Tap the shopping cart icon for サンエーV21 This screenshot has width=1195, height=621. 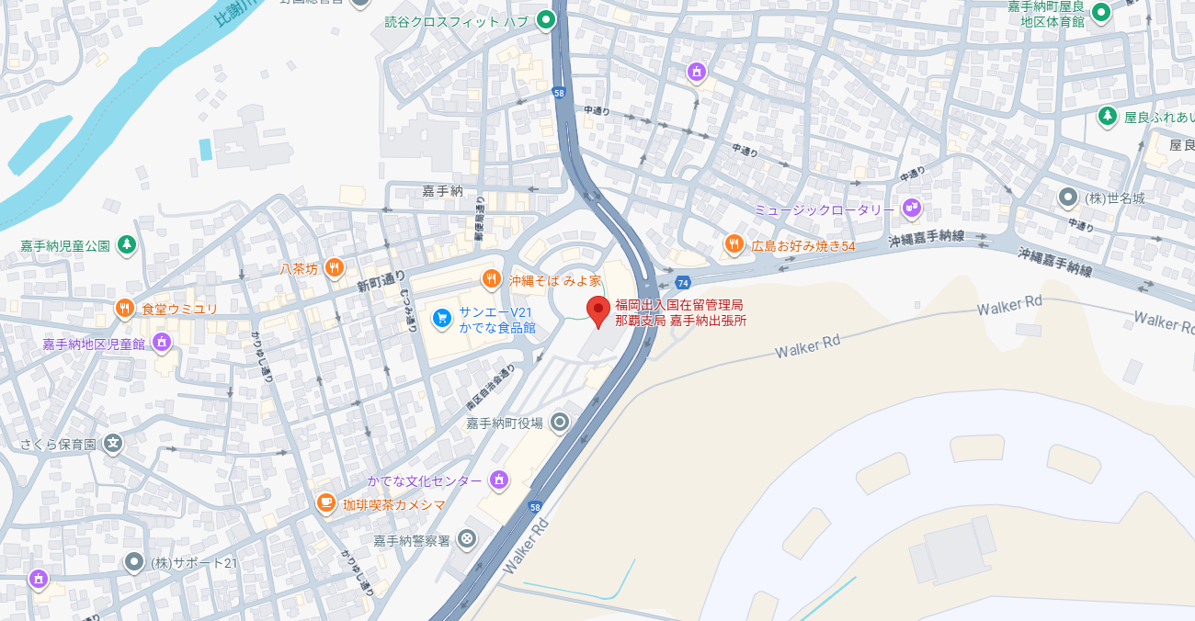pos(442,318)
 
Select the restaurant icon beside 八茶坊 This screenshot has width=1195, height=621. pos(335,268)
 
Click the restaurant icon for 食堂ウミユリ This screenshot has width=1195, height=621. pos(125,309)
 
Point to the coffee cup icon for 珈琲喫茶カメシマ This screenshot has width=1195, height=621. pos(325,503)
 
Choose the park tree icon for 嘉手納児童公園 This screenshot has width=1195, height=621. pos(127,245)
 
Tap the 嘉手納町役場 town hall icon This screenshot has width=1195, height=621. pos(559,423)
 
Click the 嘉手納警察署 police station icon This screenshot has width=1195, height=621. pos(468,538)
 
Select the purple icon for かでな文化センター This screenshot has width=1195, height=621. pos(498,480)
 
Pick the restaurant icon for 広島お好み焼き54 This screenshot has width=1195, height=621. pos(734,244)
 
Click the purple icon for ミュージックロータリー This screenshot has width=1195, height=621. pos(911,209)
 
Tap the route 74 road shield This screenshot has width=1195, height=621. pos(682,283)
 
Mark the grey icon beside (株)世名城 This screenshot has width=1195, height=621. pos(1067,197)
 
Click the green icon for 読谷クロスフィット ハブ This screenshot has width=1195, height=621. pos(546,19)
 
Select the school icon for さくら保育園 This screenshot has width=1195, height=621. pos(112,444)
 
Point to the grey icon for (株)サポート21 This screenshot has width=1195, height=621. pos(134,561)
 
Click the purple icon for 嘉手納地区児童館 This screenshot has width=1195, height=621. pos(162,343)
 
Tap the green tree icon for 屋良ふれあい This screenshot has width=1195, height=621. pos(1108,117)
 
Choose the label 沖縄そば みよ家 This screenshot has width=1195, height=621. pos(555,279)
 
